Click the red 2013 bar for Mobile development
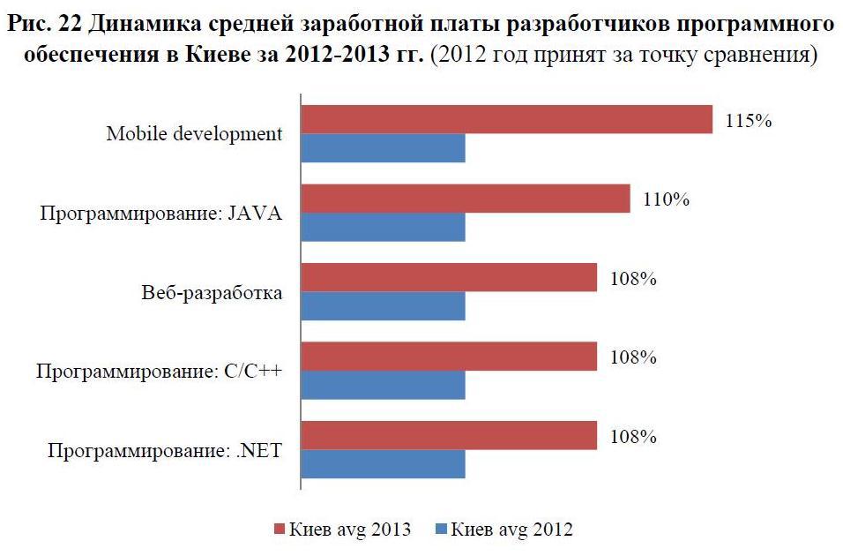[507, 120]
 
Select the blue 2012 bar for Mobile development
[384, 148]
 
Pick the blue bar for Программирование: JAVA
[384, 228]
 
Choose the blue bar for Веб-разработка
[384, 306]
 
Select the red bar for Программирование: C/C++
[450, 357]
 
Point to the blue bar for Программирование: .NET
[384, 464]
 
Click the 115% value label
[749, 121]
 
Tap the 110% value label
[666, 199]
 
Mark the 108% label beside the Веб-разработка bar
[633, 279]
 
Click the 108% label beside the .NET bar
[633, 437]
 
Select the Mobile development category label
[194, 134]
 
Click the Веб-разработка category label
[212, 293]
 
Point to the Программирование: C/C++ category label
[160, 372]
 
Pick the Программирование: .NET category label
[165, 451]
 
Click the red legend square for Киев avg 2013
[280, 530]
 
